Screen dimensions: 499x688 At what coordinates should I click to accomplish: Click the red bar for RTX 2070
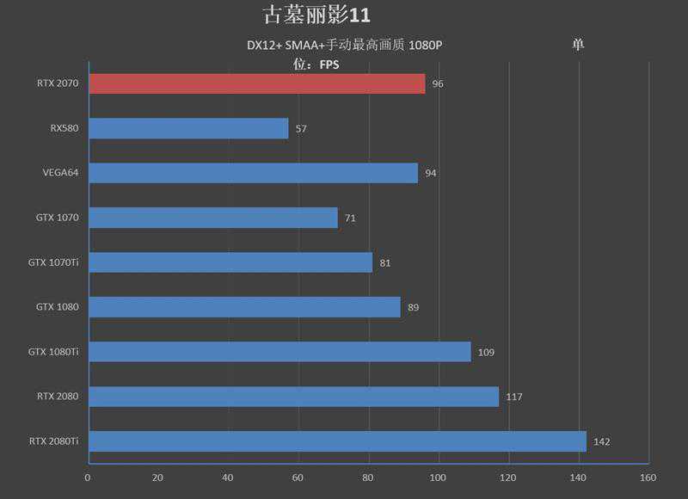(x=256, y=83)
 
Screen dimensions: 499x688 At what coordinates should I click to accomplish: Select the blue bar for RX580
(x=188, y=128)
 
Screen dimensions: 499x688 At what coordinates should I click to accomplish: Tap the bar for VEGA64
(x=253, y=173)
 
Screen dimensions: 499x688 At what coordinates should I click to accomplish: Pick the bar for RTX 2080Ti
(x=337, y=441)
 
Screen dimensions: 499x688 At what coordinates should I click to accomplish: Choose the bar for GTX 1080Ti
(x=279, y=352)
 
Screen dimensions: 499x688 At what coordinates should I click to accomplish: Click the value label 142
(x=601, y=442)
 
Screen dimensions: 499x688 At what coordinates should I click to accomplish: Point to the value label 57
(x=301, y=129)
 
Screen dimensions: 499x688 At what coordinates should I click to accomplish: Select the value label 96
(x=438, y=84)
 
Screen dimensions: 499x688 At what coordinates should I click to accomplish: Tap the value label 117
(x=513, y=397)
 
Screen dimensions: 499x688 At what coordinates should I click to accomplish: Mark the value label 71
(x=350, y=219)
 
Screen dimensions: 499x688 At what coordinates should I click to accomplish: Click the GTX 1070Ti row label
(x=53, y=262)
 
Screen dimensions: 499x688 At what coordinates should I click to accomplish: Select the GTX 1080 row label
(x=58, y=307)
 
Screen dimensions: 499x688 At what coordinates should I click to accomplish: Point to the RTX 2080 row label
(x=58, y=397)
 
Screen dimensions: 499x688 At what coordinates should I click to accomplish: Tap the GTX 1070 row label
(x=58, y=218)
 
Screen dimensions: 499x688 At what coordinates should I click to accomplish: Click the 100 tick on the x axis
(x=439, y=477)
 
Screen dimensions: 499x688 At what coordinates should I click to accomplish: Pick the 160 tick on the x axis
(x=648, y=477)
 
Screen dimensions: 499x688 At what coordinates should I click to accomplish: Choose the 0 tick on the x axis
(x=88, y=477)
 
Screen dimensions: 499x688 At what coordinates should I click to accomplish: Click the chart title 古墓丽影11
(x=316, y=15)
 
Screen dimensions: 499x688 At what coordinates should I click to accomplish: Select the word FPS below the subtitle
(x=329, y=64)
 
